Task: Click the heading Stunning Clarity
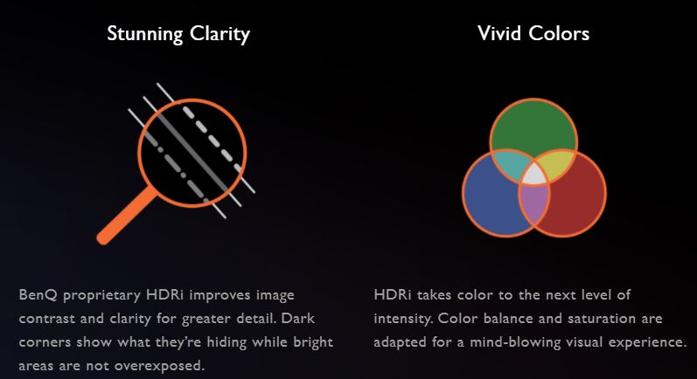pos(178,34)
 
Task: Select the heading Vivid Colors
pos(533,33)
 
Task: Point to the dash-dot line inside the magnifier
pos(176,168)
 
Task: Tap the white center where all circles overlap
pos(533,176)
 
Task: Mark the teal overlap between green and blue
pos(510,164)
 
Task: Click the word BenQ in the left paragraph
pos(38,295)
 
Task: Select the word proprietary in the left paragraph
pos(101,296)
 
